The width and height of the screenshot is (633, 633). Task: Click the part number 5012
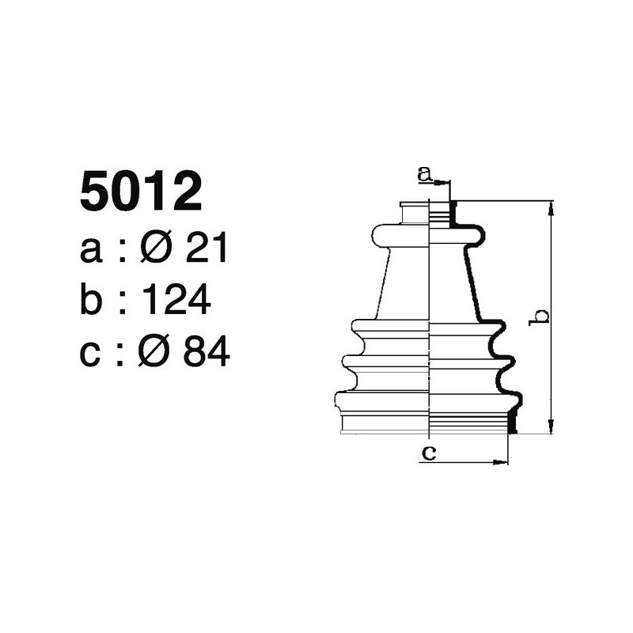[x=141, y=192]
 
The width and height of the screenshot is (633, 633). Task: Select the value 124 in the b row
[x=177, y=301]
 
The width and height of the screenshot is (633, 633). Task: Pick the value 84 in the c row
[x=207, y=352]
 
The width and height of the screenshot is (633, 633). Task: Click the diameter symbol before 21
[x=155, y=250]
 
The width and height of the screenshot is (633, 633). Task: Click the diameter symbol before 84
[x=155, y=352]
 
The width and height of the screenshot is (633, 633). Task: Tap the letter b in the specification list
[x=92, y=301]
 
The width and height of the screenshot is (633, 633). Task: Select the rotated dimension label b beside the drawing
[x=541, y=316]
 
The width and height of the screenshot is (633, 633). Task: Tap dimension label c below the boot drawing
[x=428, y=453]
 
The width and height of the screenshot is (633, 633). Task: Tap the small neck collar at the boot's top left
[x=414, y=214]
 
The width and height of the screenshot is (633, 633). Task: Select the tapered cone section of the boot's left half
[x=405, y=285]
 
